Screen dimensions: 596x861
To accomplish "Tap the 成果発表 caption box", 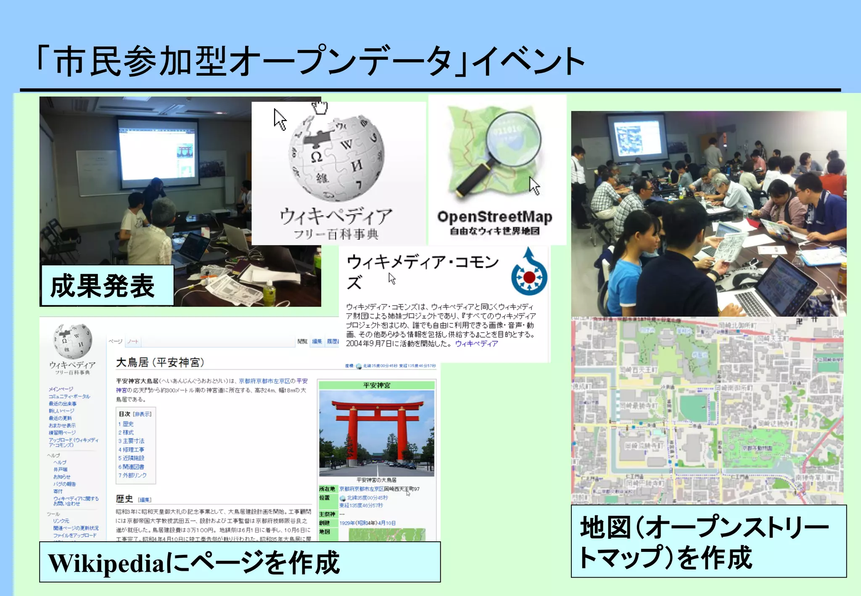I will pos(107,285).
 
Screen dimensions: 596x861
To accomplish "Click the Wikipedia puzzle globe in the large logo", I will pos(336,157).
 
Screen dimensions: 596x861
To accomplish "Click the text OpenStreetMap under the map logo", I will pos(495,217).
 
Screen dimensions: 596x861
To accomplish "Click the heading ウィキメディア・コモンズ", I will pos(422,271).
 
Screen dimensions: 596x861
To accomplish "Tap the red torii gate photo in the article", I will pos(377,433).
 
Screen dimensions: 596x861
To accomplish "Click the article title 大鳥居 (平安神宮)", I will pos(160,362).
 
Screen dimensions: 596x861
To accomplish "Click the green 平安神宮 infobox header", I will pos(377,385).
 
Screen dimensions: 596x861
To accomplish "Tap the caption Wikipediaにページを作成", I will pos(240,562).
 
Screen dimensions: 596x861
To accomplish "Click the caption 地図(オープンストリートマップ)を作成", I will pos(708,542).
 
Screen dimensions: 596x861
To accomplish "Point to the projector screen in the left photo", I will pos(158,149).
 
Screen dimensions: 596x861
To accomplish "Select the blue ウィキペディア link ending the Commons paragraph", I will pos(476,344).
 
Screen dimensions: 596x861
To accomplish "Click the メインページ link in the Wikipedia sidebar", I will pos(61,389).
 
